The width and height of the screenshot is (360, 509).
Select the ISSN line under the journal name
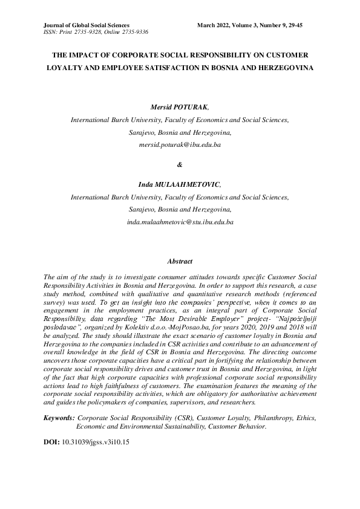(96, 31)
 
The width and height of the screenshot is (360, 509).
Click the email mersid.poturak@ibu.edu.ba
(180, 146)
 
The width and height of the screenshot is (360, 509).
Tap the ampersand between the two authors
(180, 165)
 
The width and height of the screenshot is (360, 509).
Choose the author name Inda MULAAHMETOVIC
(179, 184)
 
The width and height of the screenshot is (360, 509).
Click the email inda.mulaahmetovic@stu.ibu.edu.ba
(180, 222)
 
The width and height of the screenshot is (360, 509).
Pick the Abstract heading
(180, 261)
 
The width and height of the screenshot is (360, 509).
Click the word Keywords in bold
(59, 417)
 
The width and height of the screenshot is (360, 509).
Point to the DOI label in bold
(51, 442)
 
